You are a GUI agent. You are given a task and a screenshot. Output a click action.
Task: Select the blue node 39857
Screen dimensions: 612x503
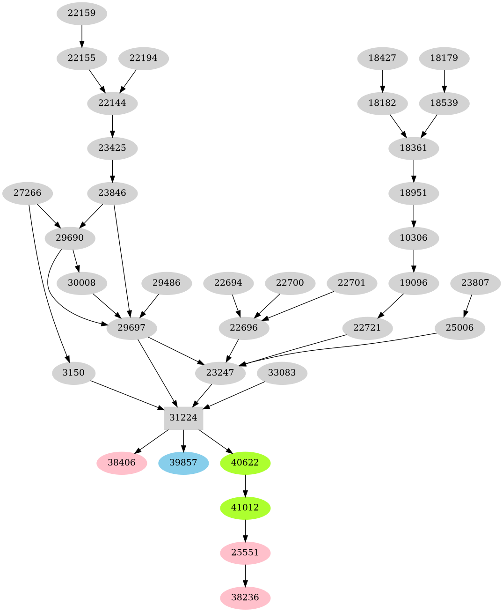[x=183, y=463]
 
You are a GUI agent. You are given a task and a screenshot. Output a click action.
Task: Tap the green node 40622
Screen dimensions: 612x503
[x=245, y=463]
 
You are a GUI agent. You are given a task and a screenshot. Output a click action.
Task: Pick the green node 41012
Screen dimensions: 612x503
[x=245, y=508]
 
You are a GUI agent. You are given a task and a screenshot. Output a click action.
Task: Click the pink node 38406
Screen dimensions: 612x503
[x=122, y=463]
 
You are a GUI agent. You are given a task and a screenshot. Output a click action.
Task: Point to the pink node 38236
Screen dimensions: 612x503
[x=245, y=597]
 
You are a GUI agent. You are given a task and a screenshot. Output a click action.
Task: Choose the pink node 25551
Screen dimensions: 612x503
[x=245, y=553]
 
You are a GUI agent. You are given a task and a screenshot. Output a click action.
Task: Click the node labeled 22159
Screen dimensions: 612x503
[x=82, y=13]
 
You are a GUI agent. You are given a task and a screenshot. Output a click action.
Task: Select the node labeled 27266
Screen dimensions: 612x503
[x=27, y=193]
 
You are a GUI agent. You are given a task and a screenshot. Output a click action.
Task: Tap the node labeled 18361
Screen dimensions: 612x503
[x=414, y=148]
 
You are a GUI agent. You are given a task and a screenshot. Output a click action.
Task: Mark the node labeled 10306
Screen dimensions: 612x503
[x=414, y=238]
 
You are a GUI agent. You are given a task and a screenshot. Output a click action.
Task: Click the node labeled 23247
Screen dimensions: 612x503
[x=220, y=373]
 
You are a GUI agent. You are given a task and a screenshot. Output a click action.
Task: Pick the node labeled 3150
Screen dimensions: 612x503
[x=74, y=373]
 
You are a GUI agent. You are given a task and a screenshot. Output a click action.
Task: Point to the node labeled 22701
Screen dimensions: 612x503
[x=351, y=283]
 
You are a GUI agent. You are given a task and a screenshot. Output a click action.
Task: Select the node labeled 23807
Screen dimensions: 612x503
[x=475, y=283]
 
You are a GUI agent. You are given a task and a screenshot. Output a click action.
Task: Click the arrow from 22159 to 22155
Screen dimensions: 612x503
[x=82, y=36]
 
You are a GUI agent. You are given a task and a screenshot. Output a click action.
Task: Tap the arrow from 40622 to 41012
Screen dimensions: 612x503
[x=245, y=485]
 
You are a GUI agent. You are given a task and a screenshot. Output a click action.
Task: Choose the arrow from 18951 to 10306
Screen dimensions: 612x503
[x=414, y=215]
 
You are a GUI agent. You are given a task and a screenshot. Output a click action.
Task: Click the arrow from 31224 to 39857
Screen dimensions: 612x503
[x=183, y=440]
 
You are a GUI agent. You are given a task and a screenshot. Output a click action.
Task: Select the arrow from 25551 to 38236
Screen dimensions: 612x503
[x=245, y=575]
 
